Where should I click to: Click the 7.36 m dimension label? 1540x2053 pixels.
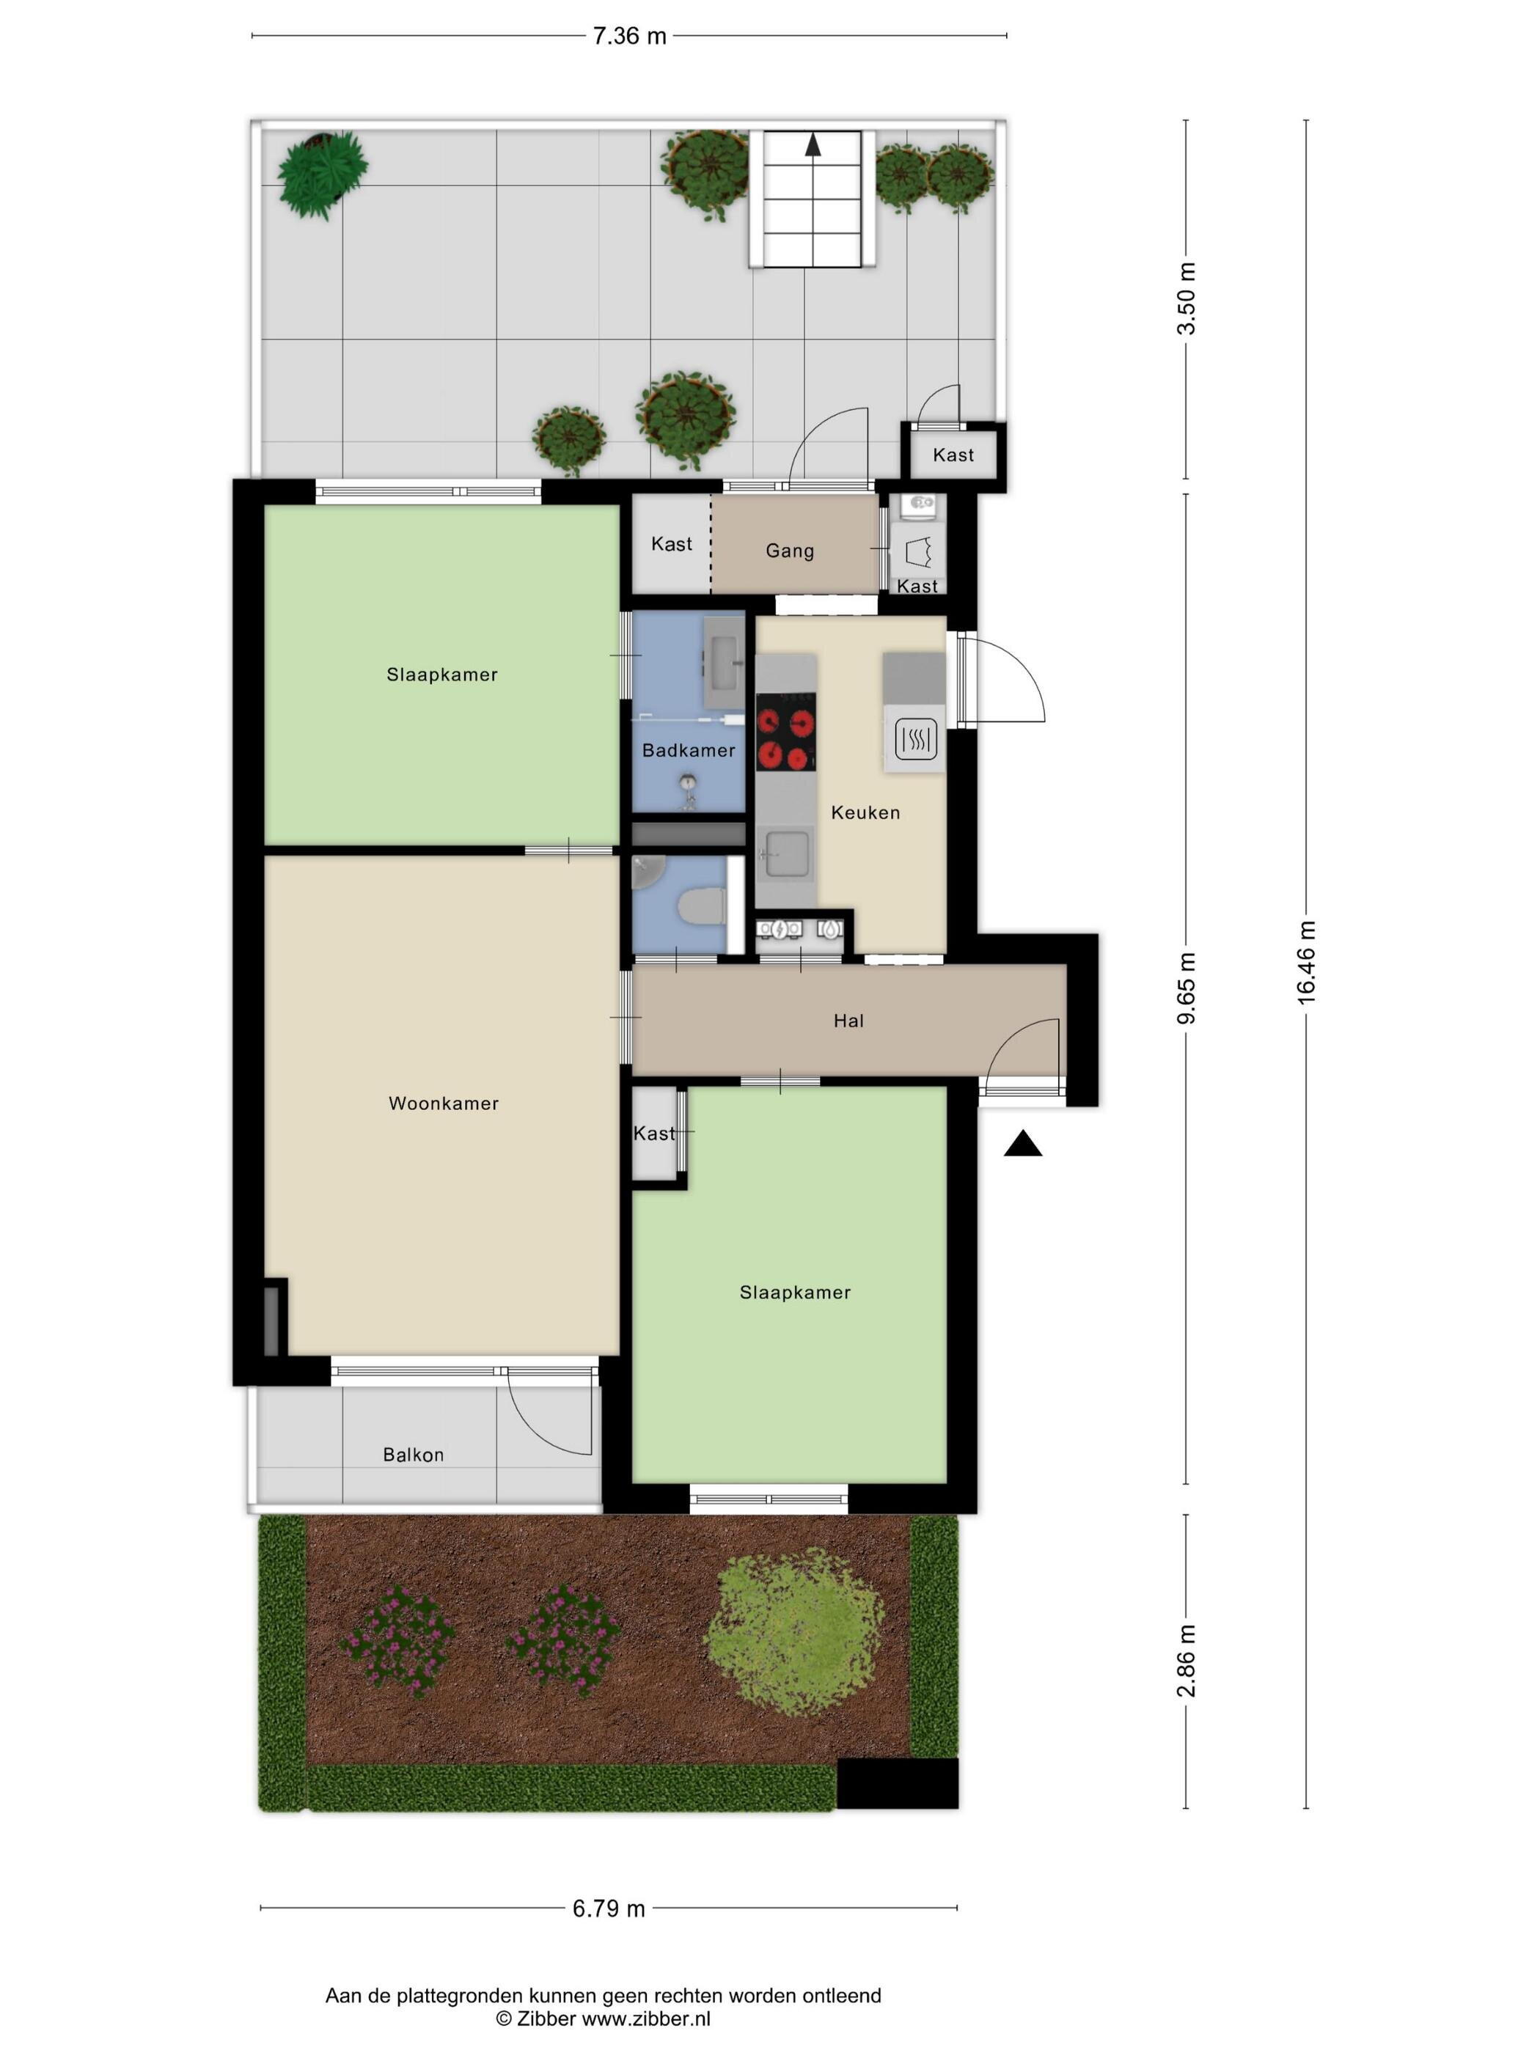[629, 36]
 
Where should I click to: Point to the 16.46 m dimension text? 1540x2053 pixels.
[1306, 963]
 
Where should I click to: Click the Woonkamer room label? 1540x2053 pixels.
[444, 1103]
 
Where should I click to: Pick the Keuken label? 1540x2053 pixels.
[865, 813]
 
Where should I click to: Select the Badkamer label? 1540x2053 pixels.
[689, 750]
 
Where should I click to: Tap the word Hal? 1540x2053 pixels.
[848, 1021]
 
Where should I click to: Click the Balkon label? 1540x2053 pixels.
[413, 1455]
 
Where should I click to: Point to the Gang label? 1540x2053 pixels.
[790, 551]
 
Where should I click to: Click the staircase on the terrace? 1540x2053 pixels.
[813, 199]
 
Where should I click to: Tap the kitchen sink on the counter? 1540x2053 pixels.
[785, 854]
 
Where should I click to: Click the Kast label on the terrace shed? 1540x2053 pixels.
[953, 455]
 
